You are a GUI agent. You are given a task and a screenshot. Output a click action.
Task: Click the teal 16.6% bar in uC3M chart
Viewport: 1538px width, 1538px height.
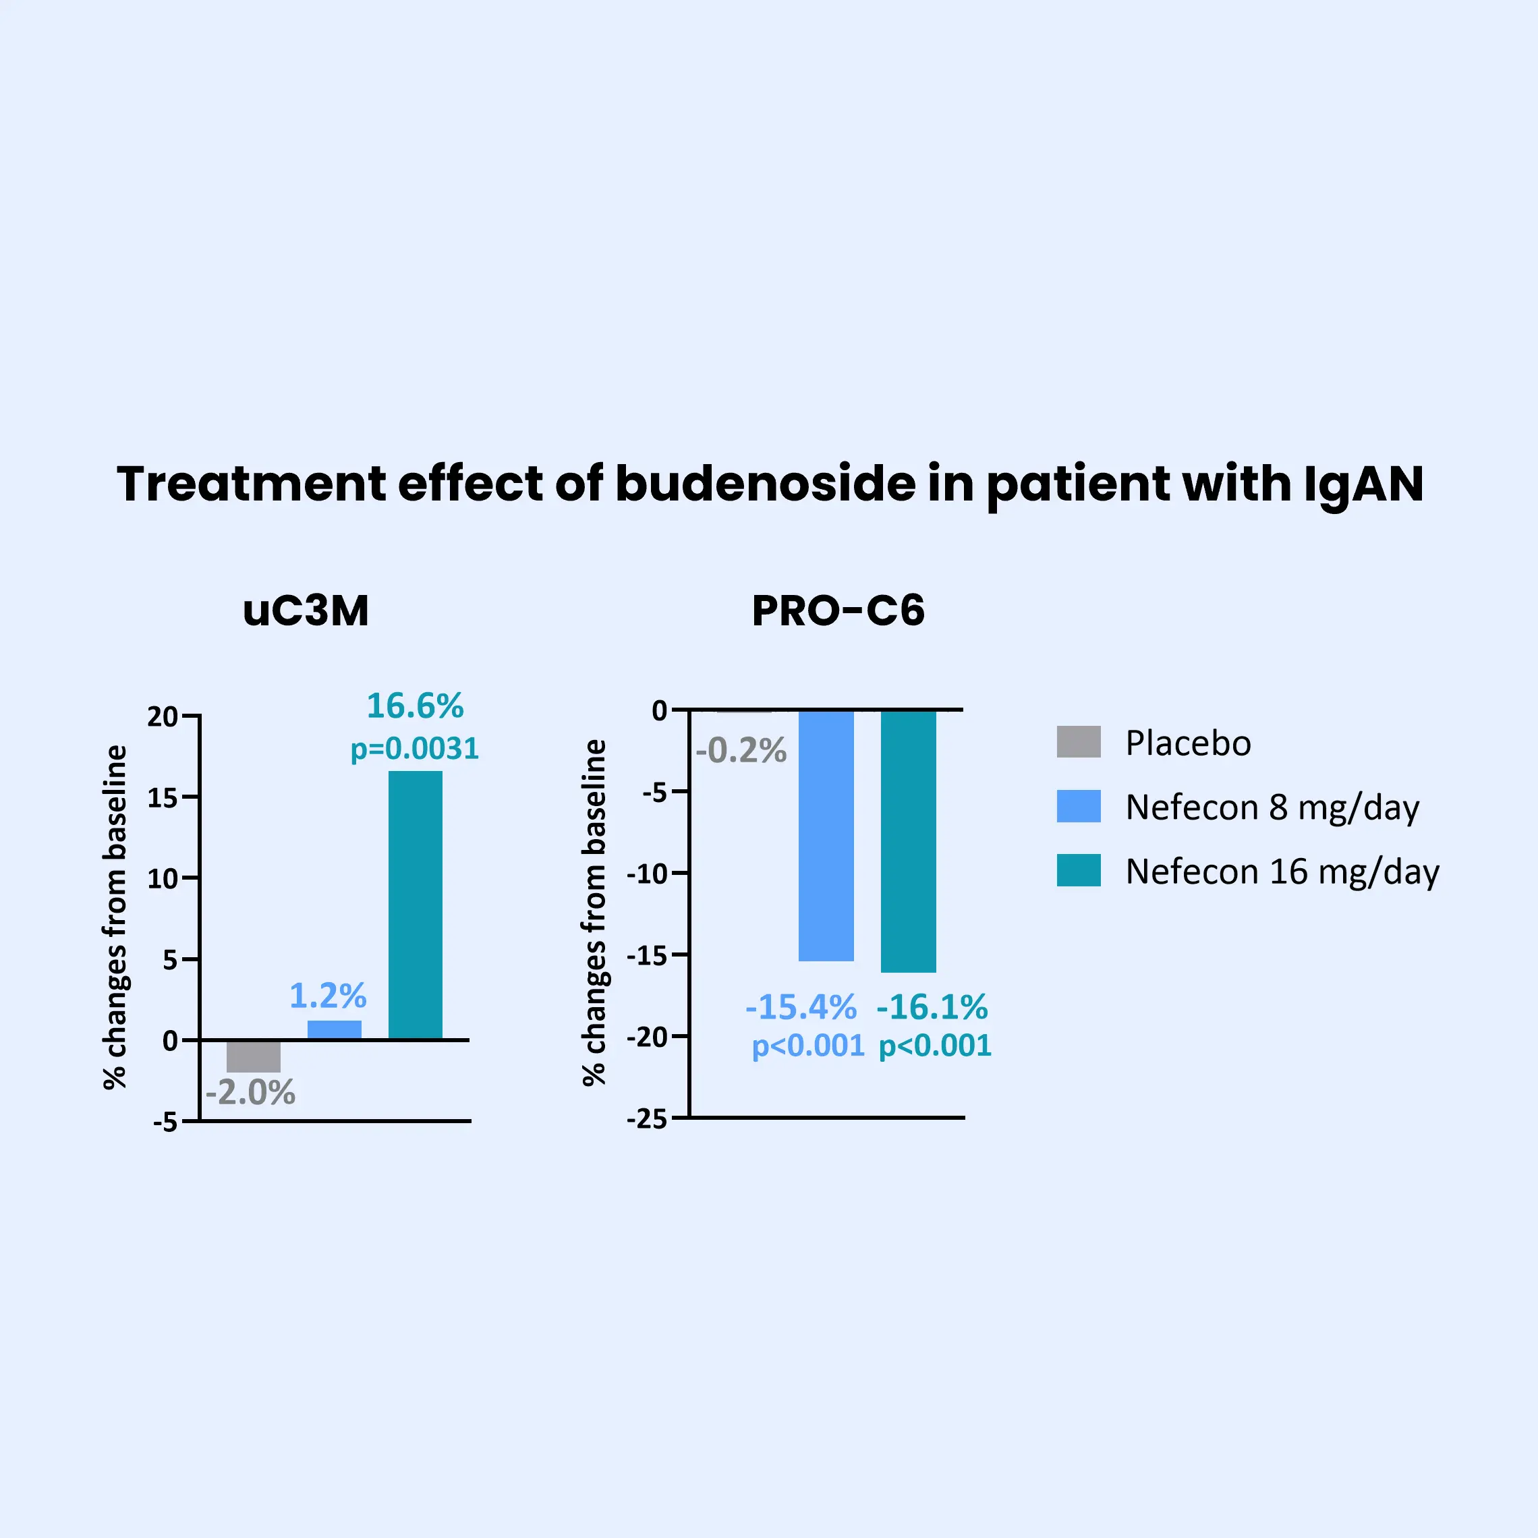[415, 905]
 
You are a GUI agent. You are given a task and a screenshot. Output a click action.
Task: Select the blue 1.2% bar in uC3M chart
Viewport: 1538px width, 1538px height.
[335, 1029]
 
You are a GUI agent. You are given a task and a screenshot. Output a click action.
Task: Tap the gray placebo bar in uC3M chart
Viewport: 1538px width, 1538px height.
[253, 1056]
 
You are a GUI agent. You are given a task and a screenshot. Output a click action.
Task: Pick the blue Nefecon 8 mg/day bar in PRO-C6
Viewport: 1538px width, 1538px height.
[826, 835]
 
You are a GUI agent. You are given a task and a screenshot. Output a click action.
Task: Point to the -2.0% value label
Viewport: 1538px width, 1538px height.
[251, 1093]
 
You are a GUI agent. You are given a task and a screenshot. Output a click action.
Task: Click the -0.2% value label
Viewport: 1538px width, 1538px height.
[741, 751]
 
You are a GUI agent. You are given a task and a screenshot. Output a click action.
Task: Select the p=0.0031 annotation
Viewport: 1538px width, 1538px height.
[415, 749]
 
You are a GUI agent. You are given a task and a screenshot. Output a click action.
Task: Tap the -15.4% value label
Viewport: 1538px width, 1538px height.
[801, 1007]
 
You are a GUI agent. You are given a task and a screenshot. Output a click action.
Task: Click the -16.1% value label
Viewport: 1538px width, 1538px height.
[932, 1007]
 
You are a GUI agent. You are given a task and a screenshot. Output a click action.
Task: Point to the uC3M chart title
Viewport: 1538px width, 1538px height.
[306, 611]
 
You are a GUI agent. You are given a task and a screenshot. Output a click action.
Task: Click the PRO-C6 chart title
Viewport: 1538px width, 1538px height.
[838, 611]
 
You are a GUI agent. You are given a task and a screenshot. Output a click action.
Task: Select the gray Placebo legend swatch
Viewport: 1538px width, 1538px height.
[1079, 742]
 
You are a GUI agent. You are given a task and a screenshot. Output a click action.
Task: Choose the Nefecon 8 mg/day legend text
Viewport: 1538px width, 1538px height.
[1272, 807]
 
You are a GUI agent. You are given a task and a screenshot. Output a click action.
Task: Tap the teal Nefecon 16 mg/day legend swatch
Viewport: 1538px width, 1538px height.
[1079, 870]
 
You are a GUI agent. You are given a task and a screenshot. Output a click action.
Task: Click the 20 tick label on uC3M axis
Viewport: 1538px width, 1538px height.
[163, 717]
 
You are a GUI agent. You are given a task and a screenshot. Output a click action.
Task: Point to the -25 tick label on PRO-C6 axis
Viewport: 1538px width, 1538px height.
[646, 1120]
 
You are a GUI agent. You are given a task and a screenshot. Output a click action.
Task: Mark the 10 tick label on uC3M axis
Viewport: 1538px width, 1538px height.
[163, 879]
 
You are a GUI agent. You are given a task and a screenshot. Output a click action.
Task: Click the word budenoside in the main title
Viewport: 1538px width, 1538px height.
[764, 484]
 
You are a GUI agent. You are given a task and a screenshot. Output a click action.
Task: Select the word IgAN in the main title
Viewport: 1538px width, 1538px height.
[1363, 484]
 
